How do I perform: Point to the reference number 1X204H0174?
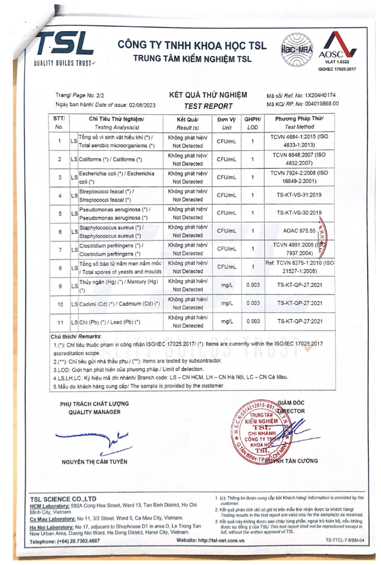[x=320, y=95]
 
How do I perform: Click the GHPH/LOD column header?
[x=253, y=123]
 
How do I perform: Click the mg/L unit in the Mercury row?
[x=227, y=286]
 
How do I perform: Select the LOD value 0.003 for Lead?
[x=253, y=322]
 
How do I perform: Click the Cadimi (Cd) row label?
[x=119, y=304]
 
